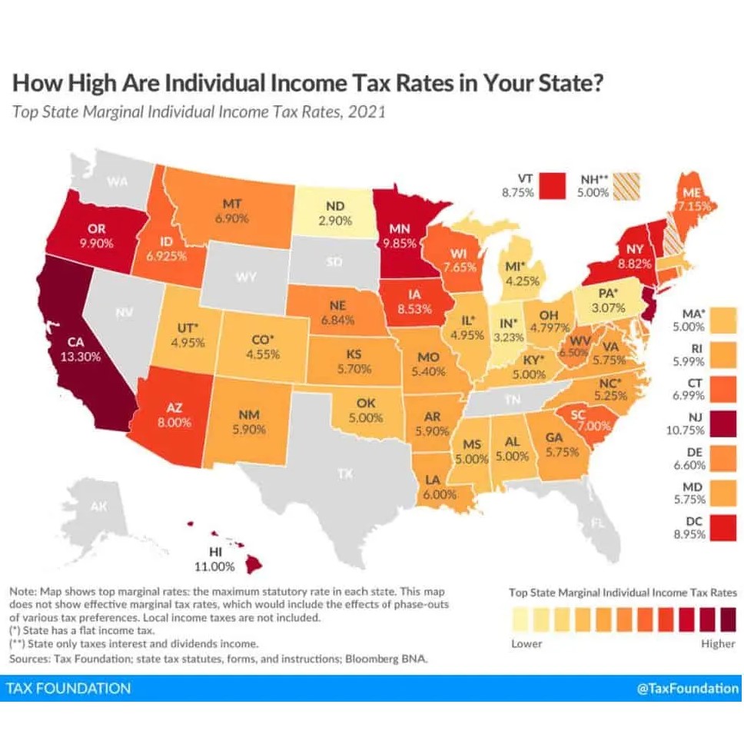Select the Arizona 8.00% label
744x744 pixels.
pyautogui.click(x=174, y=421)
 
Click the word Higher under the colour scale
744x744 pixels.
pyautogui.click(x=718, y=643)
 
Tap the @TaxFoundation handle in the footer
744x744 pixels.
pyautogui.click(x=688, y=688)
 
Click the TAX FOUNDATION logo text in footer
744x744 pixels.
pyautogui.click(x=68, y=688)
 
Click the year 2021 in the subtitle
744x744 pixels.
pyautogui.click(x=366, y=111)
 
